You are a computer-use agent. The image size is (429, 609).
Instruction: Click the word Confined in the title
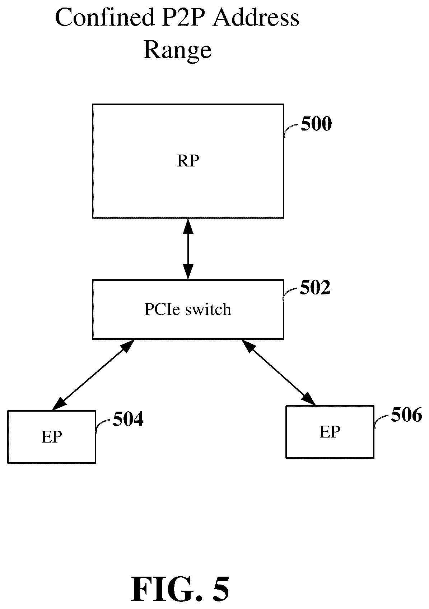105,17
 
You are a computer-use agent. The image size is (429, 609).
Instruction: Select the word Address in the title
256,17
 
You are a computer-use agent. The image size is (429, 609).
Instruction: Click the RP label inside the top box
188,161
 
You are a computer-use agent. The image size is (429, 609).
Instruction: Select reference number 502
315,287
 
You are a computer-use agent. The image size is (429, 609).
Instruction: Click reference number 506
406,415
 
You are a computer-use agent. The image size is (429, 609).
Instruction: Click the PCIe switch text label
188,309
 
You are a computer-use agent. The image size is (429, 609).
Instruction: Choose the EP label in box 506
330,432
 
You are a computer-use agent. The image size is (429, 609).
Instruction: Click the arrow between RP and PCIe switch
188,249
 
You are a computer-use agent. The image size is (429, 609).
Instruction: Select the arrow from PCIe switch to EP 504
93,375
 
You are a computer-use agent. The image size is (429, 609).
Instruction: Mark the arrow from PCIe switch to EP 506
278,372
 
